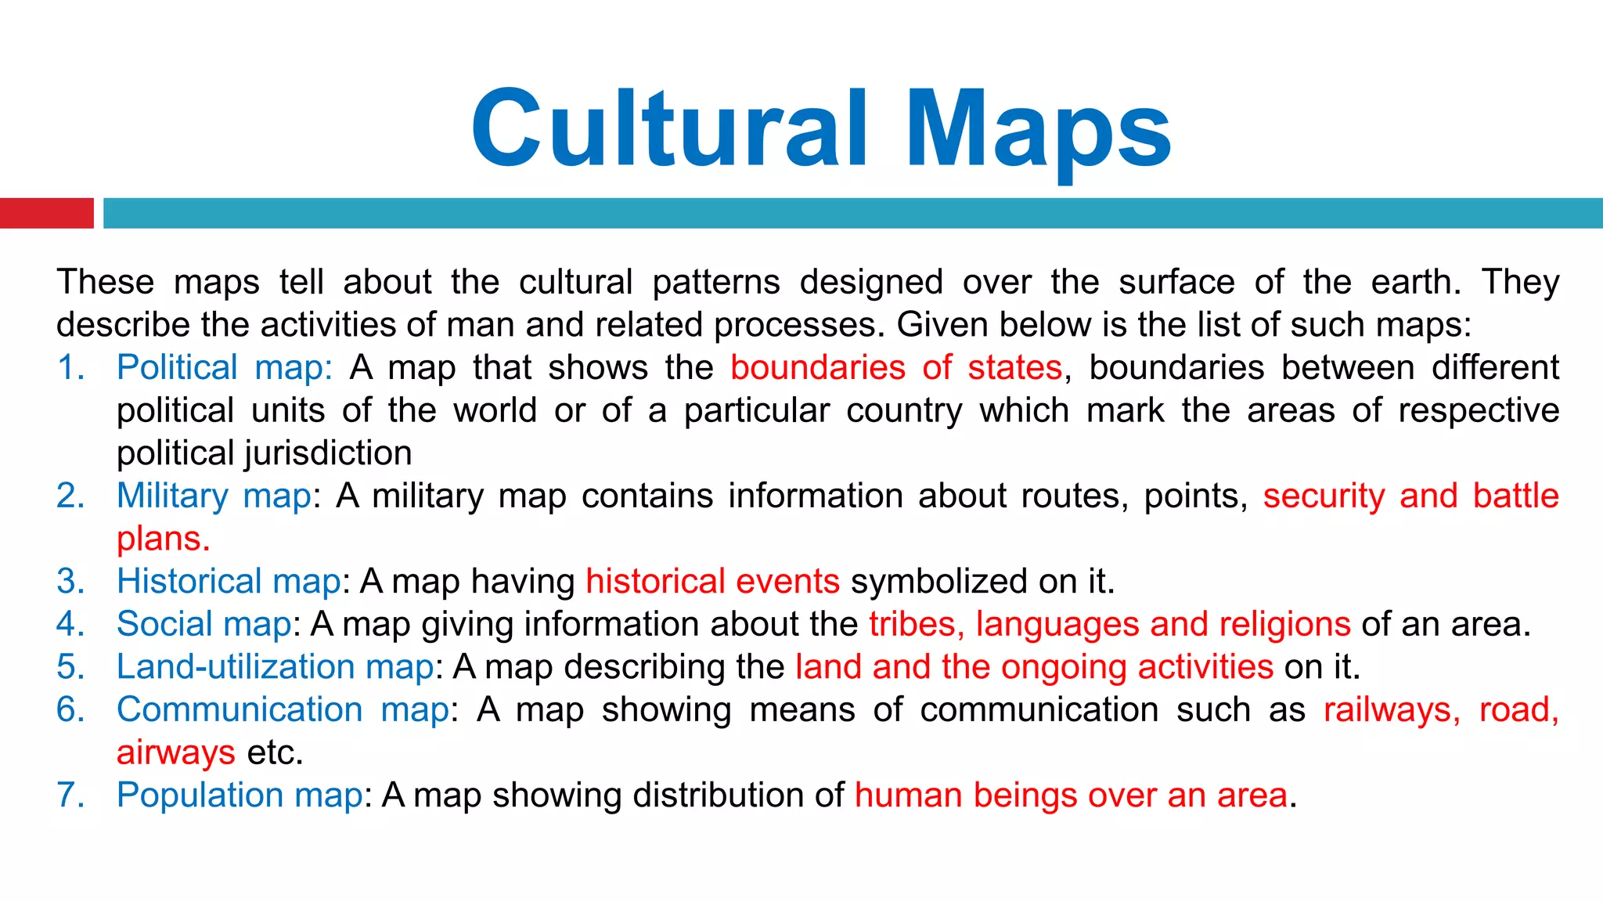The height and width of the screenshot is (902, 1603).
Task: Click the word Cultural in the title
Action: coord(669,128)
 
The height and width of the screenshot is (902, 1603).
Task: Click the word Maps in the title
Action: coord(1039,130)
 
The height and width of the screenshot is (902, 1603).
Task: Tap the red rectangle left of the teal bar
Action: coord(46,213)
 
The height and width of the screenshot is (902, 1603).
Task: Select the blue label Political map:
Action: coord(224,367)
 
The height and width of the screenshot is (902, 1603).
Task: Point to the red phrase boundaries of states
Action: coord(896,367)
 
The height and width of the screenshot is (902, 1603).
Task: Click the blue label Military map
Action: coord(214,496)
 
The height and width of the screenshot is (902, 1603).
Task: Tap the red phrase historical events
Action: coord(712,581)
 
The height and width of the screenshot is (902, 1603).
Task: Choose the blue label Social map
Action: coord(204,624)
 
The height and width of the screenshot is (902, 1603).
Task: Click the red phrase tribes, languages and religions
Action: coord(1109,624)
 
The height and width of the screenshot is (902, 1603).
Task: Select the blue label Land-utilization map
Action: coord(275,666)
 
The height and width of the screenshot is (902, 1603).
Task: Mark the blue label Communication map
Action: coord(283,709)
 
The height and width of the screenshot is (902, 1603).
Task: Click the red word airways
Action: coord(175,752)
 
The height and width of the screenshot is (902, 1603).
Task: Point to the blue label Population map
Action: coord(240,795)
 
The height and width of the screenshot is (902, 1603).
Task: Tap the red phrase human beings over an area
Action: coord(1071,795)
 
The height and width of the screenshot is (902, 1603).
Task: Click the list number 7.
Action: coord(70,795)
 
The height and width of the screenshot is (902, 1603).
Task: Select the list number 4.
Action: coord(70,624)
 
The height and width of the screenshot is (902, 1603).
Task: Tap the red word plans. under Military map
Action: coord(163,539)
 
